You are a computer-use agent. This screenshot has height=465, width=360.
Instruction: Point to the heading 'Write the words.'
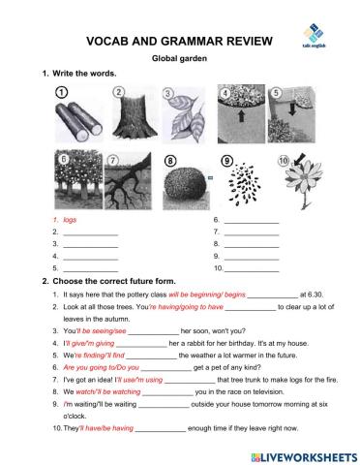coord(85,75)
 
